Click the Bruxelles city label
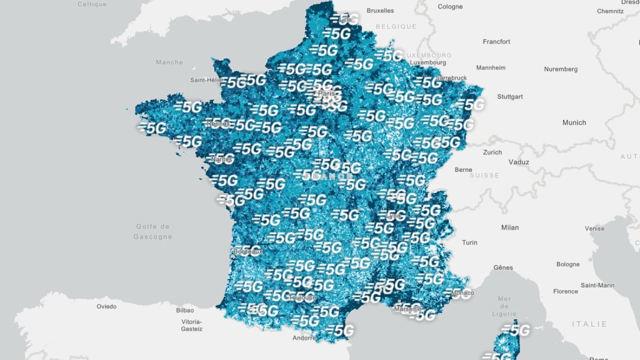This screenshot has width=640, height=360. [x=380, y=11]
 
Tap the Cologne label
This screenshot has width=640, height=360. [x=450, y=7]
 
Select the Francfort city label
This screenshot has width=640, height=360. [x=496, y=42]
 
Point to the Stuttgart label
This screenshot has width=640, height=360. [x=509, y=97]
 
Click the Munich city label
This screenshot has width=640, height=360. [x=574, y=122]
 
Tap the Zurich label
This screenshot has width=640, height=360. [x=492, y=152]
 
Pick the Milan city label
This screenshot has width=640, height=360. [x=509, y=227]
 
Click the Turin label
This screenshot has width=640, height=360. [x=469, y=242]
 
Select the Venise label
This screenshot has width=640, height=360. [x=594, y=229]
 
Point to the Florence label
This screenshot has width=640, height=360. [x=565, y=291]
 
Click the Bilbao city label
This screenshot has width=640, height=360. [x=184, y=310]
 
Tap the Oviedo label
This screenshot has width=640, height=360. [x=106, y=307]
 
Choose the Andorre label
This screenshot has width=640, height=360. [x=304, y=338]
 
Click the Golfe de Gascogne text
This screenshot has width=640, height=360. [x=152, y=231]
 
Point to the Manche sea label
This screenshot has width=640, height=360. [x=169, y=62]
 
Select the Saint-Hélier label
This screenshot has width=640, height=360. [x=207, y=80]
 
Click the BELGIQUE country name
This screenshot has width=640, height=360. [x=396, y=27]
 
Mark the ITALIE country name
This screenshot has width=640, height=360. [x=589, y=324]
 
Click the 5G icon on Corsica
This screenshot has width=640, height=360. [x=516, y=330]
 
